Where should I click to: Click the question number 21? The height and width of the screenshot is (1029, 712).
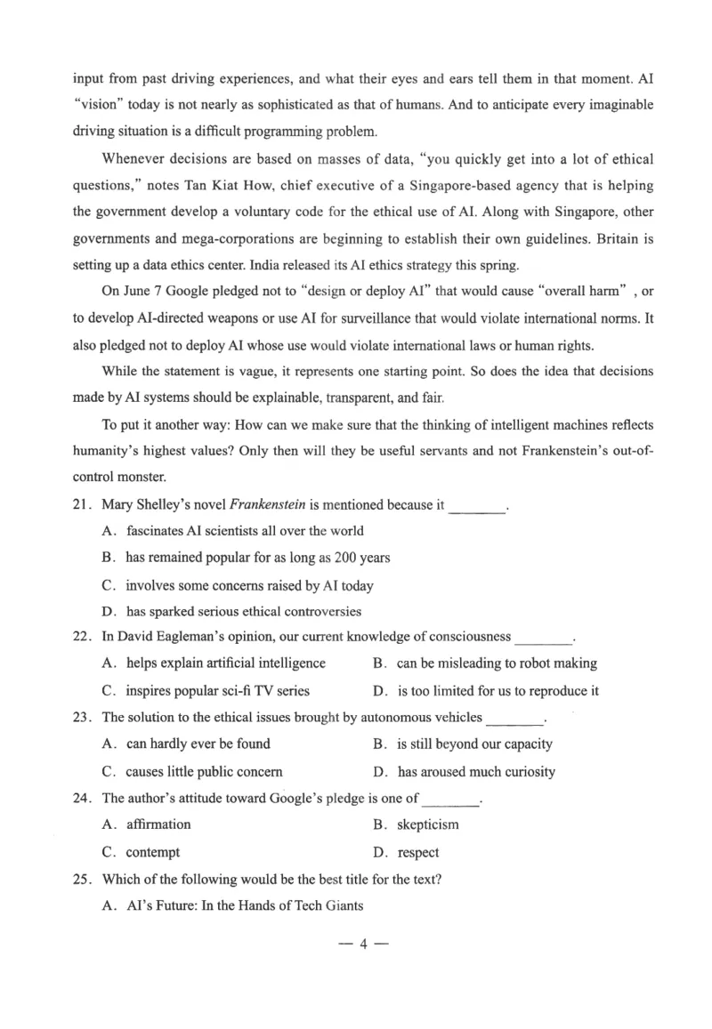tap(82, 505)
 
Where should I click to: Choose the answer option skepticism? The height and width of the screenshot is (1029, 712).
tap(427, 824)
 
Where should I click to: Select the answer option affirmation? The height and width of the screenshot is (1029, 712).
tap(158, 824)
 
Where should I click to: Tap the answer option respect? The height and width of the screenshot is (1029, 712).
tap(417, 852)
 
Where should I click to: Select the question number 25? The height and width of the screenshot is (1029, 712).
tap(82, 880)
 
